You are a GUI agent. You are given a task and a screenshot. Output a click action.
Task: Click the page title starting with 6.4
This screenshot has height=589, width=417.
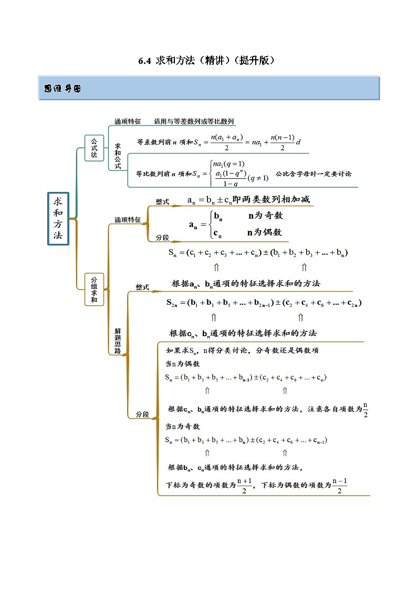(x=207, y=60)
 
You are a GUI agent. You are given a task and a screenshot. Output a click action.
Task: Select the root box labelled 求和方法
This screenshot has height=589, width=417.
(x=58, y=217)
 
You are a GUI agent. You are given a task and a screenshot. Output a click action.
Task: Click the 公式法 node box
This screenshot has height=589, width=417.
(x=94, y=148)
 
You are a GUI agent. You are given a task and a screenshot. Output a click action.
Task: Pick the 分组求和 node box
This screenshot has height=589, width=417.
(x=94, y=289)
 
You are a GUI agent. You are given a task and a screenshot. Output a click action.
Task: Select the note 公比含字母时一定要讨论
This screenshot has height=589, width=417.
(x=313, y=174)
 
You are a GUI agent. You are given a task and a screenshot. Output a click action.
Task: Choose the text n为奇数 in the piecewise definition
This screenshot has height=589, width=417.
(x=265, y=216)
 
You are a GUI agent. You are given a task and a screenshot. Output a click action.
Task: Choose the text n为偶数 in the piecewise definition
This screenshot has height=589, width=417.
(x=265, y=232)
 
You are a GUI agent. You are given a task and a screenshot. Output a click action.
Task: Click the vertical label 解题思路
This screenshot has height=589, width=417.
(x=118, y=340)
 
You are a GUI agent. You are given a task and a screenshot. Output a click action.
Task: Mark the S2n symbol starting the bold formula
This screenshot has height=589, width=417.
(x=172, y=303)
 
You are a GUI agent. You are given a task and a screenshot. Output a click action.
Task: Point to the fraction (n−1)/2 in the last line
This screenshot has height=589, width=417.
(x=340, y=486)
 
